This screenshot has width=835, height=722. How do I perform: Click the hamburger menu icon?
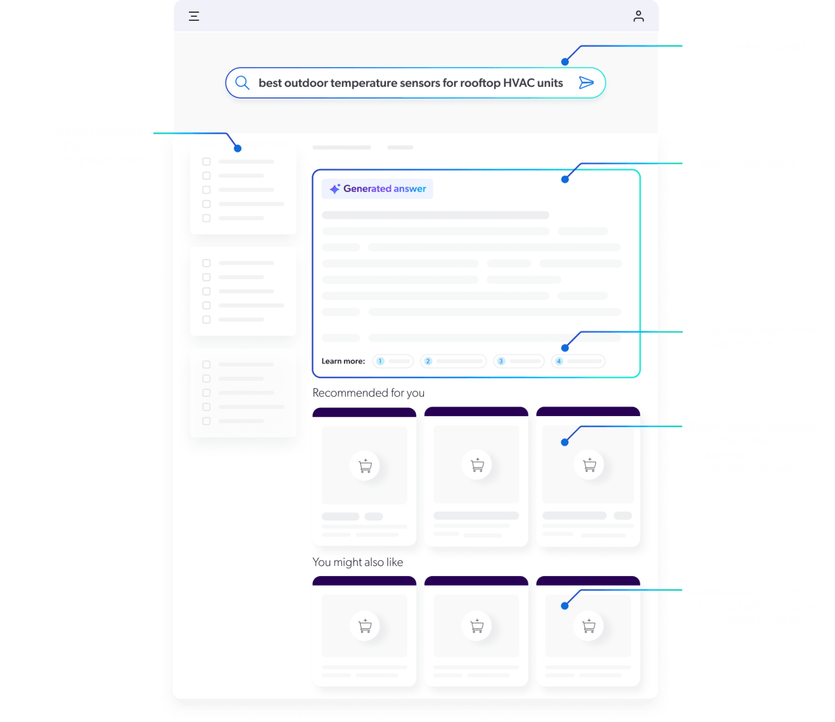(194, 16)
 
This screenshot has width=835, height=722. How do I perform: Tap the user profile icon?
(638, 16)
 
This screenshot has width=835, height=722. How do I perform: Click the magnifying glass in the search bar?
(242, 83)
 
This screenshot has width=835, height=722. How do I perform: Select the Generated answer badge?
(377, 189)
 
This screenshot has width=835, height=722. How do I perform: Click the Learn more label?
(343, 361)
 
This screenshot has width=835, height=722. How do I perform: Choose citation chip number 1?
(393, 361)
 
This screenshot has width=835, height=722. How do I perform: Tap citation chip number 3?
(518, 361)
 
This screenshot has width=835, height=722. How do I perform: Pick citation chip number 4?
(578, 361)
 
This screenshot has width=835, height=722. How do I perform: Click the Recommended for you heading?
(368, 393)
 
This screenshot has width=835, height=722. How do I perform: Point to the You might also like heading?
(358, 562)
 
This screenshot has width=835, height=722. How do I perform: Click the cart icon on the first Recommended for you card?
(365, 465)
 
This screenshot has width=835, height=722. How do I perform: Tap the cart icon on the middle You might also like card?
(477, 626)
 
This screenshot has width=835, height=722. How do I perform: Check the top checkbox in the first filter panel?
(206, 162)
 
